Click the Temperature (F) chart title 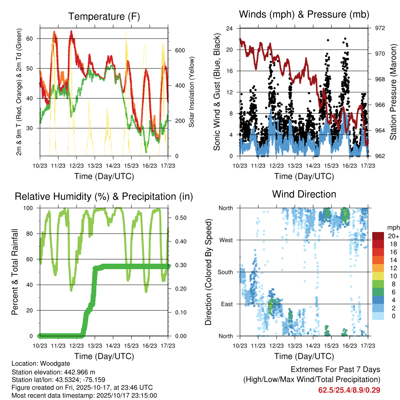coord(104,16)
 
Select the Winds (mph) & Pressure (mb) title coord(304,15)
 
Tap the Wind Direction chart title coord(304,194)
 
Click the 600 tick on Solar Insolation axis coord(180,50)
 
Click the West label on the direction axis coord(226,240)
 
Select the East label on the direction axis coord(227,304)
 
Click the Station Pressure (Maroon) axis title coord(393,92)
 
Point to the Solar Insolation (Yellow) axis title coord(192,92)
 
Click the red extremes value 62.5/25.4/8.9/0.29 coord(349,389)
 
